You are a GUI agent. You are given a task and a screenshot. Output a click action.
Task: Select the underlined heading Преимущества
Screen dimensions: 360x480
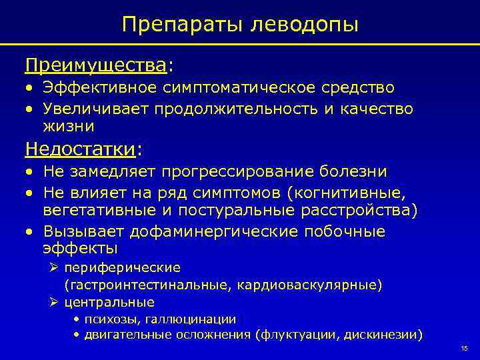pos(96,66)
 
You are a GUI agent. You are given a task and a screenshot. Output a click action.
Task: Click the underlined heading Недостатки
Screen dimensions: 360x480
pos(81,147)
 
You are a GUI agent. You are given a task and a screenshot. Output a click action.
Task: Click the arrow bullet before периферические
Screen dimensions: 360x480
pos(55,267)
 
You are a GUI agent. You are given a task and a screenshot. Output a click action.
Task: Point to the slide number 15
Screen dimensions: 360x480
pos(464,350)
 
